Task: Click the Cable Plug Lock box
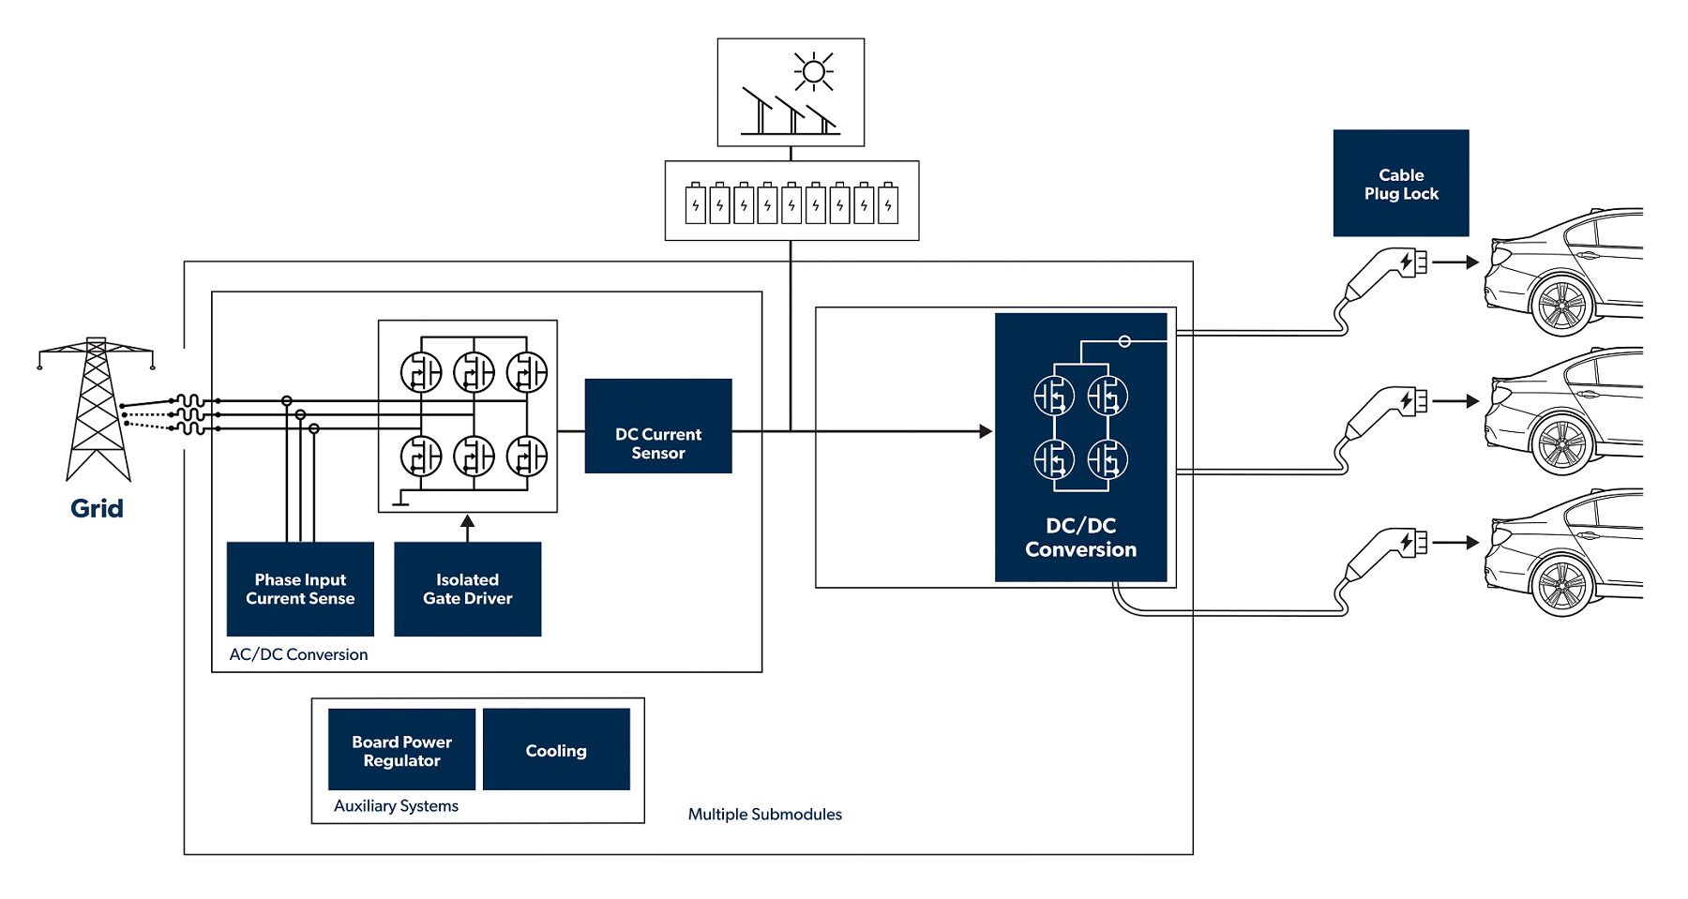click(x=1400, y=184)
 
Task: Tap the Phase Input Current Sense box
click(x=300, y=589)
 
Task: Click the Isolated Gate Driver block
click(x=467, y=589)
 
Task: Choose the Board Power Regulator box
click(x=401, y=750)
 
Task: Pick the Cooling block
click(x=555, y=750)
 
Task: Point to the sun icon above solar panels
click(x=813, y=72)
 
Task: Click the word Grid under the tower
click(x=97, y=508)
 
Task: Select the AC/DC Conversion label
click(x=298, y=654)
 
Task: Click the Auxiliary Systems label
click(x=396, y=805)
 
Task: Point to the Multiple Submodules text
click(x=764, y=814)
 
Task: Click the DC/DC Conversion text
click(x=1080, y=537)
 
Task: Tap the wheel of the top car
click(x=1562, y=305)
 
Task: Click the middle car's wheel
click(x=1562, y=444)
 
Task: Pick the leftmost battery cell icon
click(x=695, y=204)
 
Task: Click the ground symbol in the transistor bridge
click(x=400, y=499)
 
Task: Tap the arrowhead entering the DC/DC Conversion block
click(x=985, y=431)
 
